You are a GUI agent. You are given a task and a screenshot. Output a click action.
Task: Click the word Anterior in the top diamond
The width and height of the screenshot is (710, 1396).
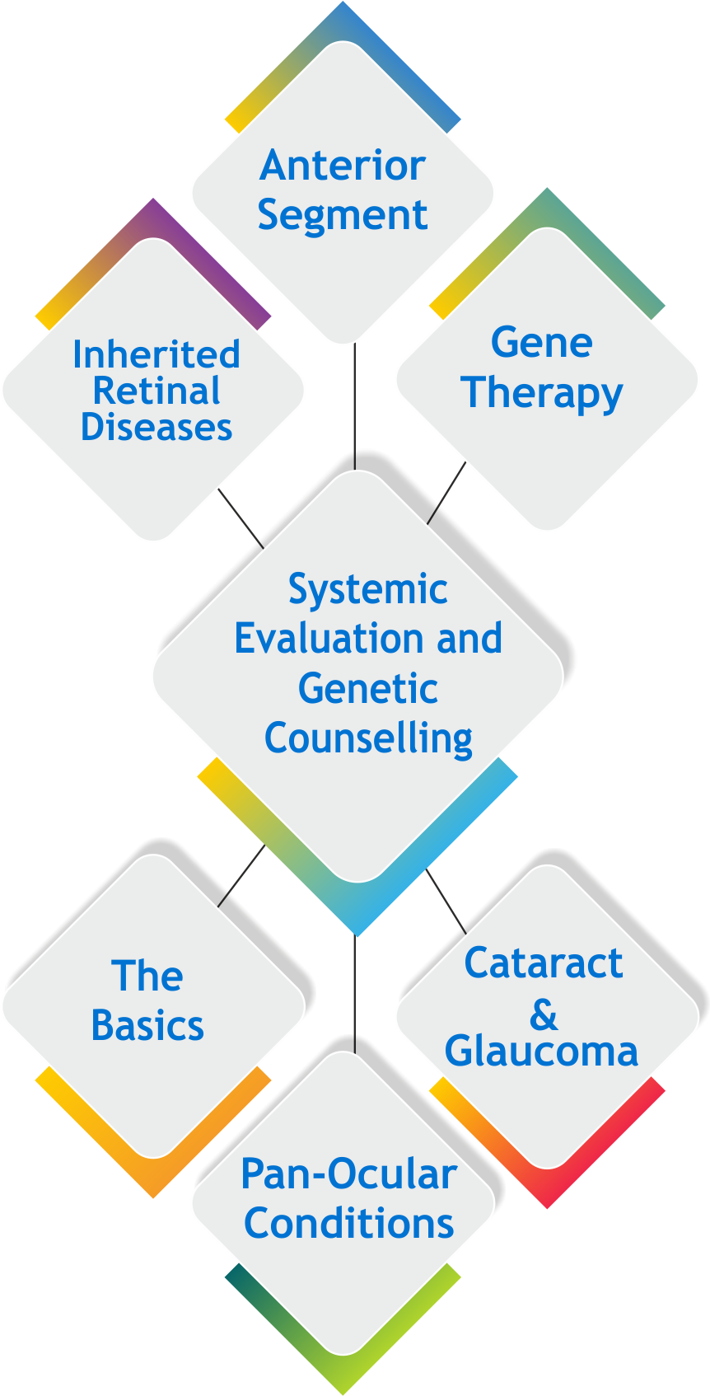[x=342, y=166]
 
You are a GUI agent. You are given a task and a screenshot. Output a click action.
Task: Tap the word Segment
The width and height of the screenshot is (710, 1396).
[x=342, y=216]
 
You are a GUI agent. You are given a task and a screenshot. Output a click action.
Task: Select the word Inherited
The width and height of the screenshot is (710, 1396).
[x=156, y=354]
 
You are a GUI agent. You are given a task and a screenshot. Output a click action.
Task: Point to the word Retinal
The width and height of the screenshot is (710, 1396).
[x=156, y=391]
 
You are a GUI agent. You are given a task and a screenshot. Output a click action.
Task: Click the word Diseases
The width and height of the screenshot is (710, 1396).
[x=156, y=427]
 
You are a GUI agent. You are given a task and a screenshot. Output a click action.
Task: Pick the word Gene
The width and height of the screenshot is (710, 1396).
[x=541, y=343]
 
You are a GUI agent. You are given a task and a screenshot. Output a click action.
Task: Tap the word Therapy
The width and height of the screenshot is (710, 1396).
[x=541, y=393]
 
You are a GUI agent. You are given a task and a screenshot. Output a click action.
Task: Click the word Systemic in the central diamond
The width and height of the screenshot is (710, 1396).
[x=367, y=589]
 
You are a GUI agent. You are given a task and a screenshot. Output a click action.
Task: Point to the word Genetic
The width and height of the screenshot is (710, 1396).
[x=367, y=688]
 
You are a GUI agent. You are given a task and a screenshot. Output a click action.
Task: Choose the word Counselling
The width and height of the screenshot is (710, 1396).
[x=367, y=738]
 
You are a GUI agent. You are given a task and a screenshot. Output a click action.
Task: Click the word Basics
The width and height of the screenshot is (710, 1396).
[x=147, y=1026]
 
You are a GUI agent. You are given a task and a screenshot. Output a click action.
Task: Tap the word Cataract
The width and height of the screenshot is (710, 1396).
[x=543, y=963]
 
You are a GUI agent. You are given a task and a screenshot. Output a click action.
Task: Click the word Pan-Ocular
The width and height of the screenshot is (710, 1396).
[x=348, y=1174]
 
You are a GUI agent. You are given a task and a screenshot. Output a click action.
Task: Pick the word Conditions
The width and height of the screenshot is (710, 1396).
[x=348, y=1224]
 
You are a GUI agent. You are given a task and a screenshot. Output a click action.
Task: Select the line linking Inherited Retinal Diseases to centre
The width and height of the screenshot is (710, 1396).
[x=238, y=514]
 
